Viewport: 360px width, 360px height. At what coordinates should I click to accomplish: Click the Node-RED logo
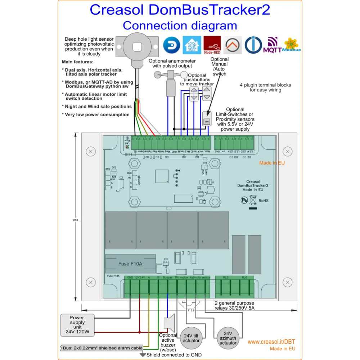(x=212, y=45)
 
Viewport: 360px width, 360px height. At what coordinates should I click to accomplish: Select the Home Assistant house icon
(x=192, y=45)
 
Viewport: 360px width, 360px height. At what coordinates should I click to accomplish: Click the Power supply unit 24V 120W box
(x=77, y=324)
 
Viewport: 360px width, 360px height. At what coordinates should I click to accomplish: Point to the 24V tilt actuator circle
(x=191, y=338)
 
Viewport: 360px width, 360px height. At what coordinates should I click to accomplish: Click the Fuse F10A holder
(x=130, y=264)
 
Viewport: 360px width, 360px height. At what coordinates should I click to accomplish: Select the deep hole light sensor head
(x=137, y=47)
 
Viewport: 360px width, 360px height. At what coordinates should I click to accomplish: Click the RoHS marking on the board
(x=265, y=201)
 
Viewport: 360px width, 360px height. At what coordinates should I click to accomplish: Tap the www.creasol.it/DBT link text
(x=271, y=342)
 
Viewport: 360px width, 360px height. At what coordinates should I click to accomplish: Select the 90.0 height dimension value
(x=75, y=220)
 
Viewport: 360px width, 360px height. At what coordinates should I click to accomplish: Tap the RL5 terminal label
(x=225, y=278)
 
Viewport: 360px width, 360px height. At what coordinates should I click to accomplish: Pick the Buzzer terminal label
(x=167, y=278)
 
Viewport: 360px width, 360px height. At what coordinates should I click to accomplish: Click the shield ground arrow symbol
(x=143, y=355)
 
